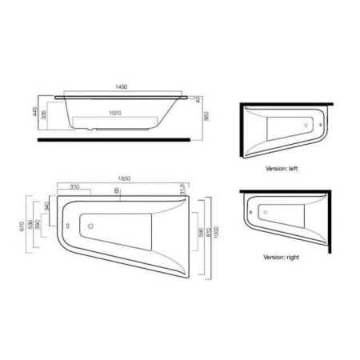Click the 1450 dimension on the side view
point(121,86)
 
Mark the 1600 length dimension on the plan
point(124,178)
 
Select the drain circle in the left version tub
point(310,126)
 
